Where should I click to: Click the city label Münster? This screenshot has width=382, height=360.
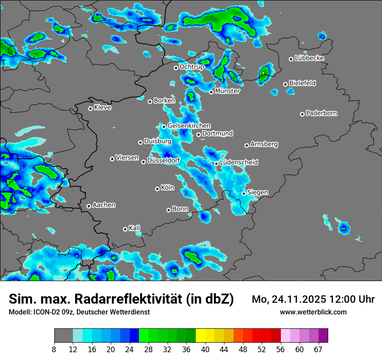click(227, 91)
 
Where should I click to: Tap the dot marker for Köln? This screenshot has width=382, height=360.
click(157, 189)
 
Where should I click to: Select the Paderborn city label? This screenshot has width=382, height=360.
click(322, 113)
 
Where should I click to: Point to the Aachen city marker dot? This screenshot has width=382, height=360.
click(89, 206)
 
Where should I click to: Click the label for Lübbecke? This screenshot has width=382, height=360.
click(309, 58)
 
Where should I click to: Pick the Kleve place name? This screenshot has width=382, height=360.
click(102, 108)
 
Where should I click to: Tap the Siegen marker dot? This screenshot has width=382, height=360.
click(244, 193)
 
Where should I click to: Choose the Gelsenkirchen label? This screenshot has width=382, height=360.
click(189, 126)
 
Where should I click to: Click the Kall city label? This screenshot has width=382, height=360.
click(135, 228)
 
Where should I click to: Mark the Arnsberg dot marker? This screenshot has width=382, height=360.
click(247, 145)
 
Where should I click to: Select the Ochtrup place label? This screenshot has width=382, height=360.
click(192, 67)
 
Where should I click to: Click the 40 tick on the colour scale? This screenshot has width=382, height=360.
click(206, 350)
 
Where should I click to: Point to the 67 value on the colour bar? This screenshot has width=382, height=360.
click(318, 350)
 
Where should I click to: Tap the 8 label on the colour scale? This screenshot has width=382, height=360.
click(55, 350)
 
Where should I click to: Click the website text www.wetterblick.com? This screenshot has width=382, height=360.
click(313, 312)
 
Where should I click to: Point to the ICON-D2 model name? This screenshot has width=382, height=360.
click(46, 312)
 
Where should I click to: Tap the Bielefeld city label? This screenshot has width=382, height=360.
click(303, 83)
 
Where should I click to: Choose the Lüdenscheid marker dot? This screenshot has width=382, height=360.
click(216, 164)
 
